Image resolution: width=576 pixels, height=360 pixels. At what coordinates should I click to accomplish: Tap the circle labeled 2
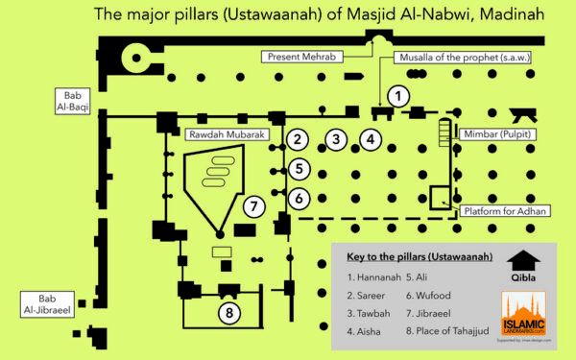click(299, 139)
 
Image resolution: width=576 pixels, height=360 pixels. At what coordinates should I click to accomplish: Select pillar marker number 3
click(335, 139)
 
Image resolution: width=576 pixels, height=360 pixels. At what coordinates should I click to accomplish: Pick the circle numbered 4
click(372, 139)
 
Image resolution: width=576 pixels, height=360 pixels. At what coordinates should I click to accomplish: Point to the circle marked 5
click(299, 170)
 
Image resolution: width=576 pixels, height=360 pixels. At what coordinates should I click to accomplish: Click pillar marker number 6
click(299, 199)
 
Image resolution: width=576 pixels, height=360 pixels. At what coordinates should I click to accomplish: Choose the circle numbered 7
click(253, 205)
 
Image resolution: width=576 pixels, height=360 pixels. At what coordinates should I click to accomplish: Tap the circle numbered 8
click(228, 312)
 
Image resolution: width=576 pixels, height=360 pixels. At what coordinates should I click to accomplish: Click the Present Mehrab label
click(300, 57)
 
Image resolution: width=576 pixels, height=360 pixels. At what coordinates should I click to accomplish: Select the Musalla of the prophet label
click(461, 57)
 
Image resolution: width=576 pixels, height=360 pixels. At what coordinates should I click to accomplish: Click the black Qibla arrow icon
click(520, 260)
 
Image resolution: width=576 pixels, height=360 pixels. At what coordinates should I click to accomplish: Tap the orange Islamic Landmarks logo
click(523, 316)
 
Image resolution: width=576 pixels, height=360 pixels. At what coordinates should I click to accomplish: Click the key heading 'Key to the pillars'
click(419, 257)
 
